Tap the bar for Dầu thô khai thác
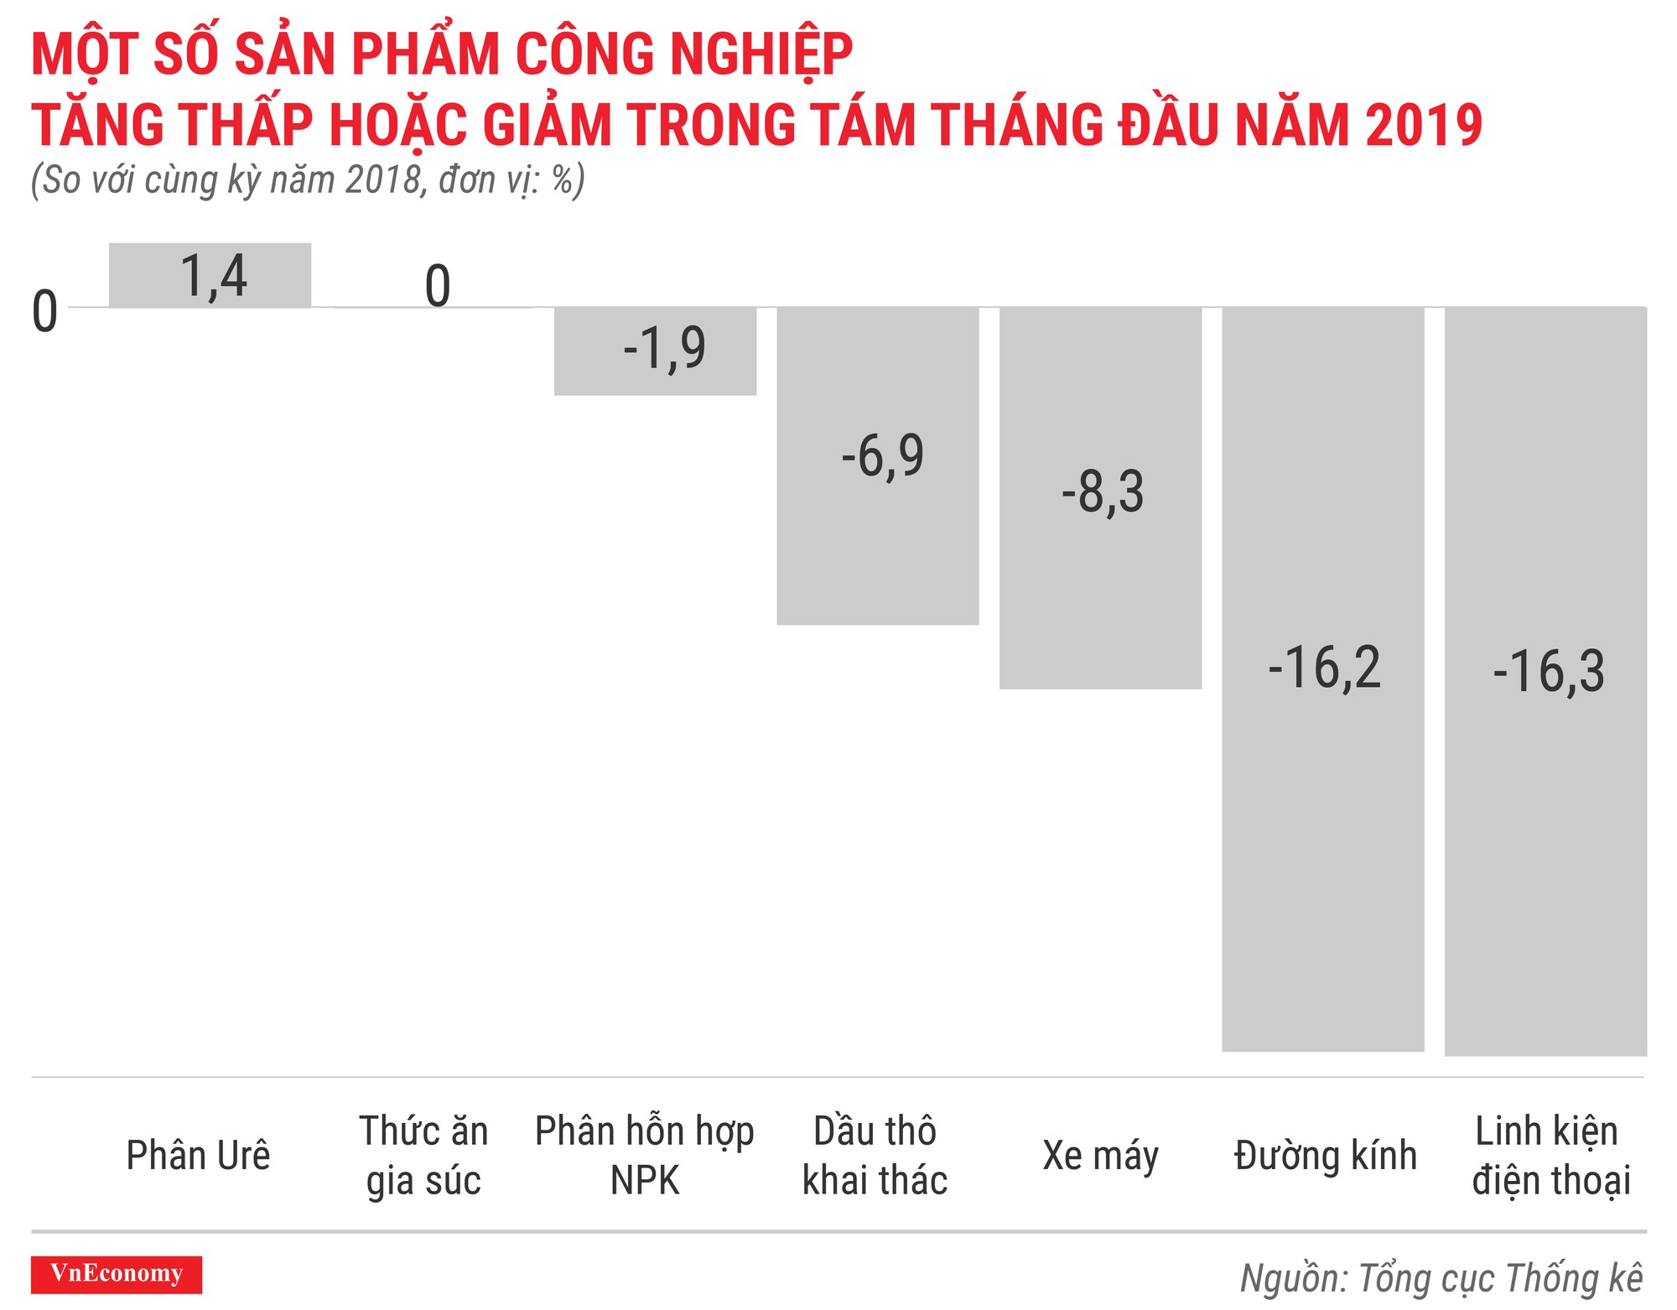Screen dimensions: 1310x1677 877,545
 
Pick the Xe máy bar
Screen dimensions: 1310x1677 1100,587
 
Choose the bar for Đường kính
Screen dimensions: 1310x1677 1322,839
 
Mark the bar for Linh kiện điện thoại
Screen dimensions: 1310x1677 1545,839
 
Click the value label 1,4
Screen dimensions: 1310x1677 214,276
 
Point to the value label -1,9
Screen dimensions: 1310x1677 664,348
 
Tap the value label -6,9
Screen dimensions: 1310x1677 882,456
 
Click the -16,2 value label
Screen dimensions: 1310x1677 1324,668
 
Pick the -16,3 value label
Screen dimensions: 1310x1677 1548,672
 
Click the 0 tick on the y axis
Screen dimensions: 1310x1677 44,312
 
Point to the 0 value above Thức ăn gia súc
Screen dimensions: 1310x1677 438,286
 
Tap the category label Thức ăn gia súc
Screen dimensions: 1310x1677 423,1155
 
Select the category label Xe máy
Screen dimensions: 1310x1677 1100,1156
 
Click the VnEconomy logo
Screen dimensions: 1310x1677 117,1274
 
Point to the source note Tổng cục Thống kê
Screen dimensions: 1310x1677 1441,1278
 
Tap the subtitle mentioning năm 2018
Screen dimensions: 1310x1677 308,180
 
